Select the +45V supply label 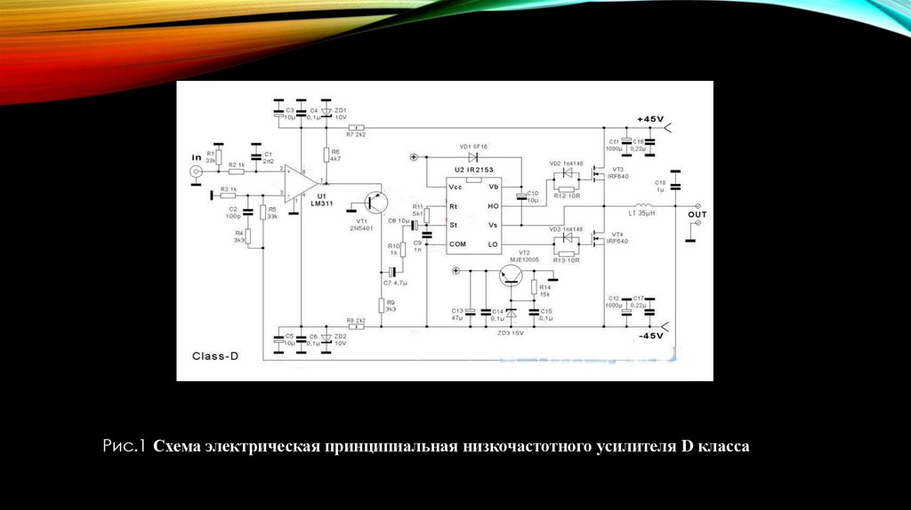pos(650,119)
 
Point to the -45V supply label pos(649,336)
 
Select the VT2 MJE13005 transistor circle pos(512,275)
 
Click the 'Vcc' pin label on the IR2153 pos(456,187)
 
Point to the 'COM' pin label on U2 pos(457,243)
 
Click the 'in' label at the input pos(197,157)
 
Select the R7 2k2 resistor pos(358,127)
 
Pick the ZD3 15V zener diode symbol pos(512,313)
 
